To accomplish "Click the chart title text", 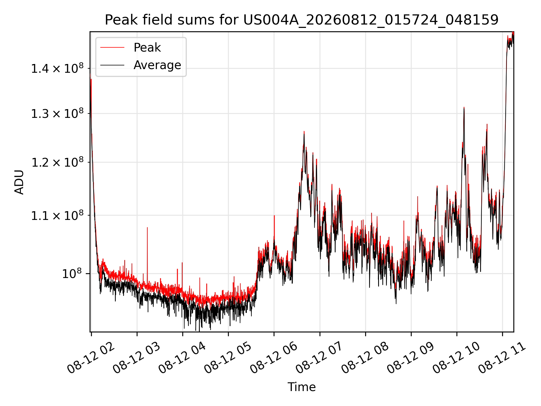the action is [x=301, y=20].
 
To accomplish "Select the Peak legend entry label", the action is [x=147, y=48].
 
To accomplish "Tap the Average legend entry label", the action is [x=157, y=65].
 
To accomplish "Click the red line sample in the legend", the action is [x=112, y=48].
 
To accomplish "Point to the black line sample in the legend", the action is [x=112, y=65].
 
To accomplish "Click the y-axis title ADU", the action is [x=19, y=182].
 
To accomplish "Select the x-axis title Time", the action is [x=301, y=387].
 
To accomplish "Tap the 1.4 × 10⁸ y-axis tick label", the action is [x=57, y=68].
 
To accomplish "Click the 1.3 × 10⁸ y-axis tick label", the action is [x=57, y=114].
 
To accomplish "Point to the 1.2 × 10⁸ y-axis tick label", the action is [x=57, y=162].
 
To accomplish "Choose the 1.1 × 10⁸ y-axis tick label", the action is [x=57, y=215].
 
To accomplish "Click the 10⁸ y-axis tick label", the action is [x=72, y=273].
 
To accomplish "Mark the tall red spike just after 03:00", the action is [x=147, y=228].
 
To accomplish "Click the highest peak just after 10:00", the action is [x=464, y=107].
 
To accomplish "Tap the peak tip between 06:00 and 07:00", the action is [x=304, y=131].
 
